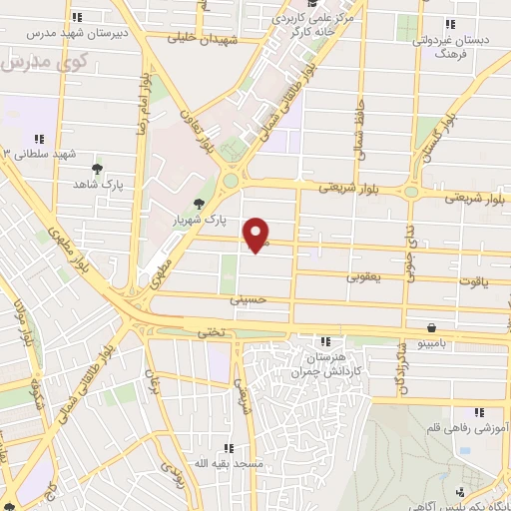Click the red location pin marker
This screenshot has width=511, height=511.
pos(257,234)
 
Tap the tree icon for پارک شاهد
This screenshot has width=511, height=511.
pos(97,169)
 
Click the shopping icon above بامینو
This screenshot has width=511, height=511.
pos(431,327)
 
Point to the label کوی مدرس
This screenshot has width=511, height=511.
pos(48,62)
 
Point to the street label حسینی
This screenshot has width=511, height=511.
pos(249,298)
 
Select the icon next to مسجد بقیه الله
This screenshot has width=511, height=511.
pos(229,449)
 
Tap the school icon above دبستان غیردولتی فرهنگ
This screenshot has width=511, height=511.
pos(449,24)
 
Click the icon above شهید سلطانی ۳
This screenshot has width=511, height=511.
pos(39,139)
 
